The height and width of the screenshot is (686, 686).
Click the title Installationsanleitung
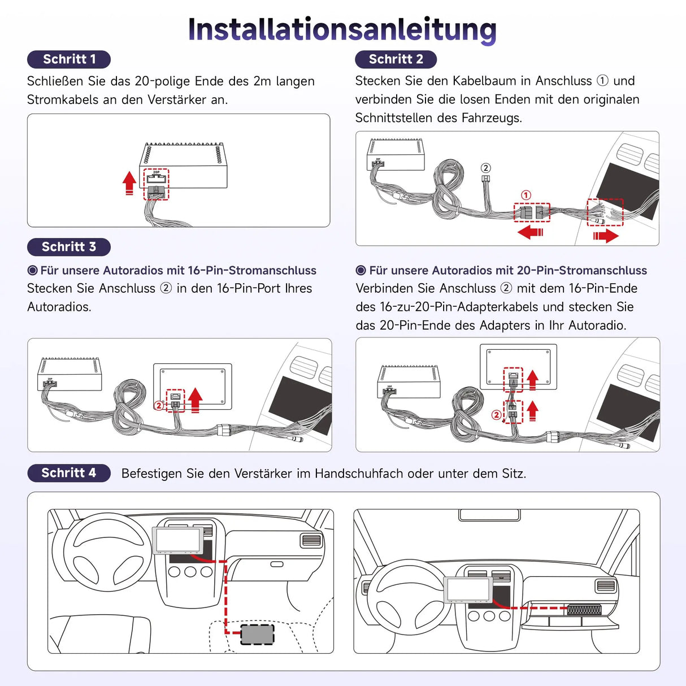(x=342, y=29)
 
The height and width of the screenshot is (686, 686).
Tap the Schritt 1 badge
(x=69, y=59)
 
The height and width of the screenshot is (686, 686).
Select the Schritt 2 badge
(x=396, y=59)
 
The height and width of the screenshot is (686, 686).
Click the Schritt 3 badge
(x=69, y=247)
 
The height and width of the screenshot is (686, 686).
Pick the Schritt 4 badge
(x=69, y=473)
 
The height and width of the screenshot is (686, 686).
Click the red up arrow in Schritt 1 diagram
(x=129, y=183)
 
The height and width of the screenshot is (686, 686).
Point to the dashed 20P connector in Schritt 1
(x=156, y=184)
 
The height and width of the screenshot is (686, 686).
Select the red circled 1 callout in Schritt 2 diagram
(x=526, y=195)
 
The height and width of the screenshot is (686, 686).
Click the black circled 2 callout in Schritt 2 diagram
(x=485, y=168)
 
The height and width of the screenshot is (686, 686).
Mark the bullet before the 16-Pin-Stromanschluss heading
(x=33, y=271)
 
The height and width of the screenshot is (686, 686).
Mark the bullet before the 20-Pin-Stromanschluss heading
(x=361, y=271)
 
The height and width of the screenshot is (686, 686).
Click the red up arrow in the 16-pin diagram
(x=196, y=400)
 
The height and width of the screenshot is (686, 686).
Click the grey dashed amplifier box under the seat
(x=257, y=634)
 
